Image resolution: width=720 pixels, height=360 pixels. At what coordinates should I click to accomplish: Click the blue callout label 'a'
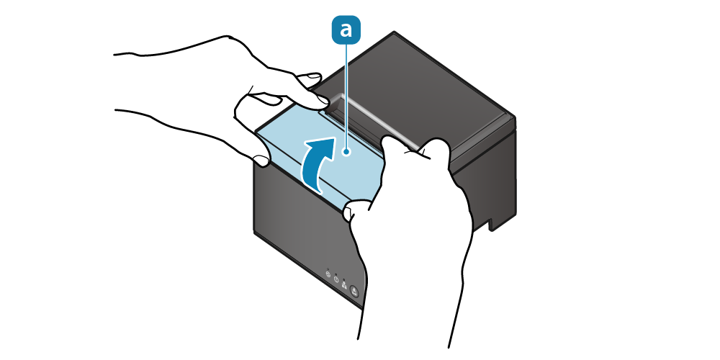point(346,30)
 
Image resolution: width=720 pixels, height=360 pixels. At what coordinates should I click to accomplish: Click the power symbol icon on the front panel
point(336,279)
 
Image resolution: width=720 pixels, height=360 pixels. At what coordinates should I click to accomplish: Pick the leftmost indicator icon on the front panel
point(328,274)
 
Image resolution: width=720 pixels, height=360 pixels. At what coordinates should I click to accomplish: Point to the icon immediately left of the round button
point(344,284)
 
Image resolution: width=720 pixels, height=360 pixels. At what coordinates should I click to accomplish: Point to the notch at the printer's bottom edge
point(492,225)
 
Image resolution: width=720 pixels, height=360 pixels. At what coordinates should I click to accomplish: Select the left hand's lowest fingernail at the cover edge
point(261,161)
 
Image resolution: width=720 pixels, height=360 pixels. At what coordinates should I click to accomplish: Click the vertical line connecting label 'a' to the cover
point(346,96)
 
